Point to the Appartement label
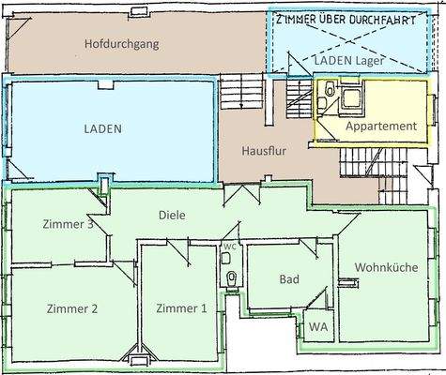[380, 126]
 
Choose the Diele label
[173, 215]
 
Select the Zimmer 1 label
[181, 308]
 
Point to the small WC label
[228, 247]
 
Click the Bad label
[289, 279]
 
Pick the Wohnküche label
[385, 267]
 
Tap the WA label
[317, 328]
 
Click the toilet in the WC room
[230, 277]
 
